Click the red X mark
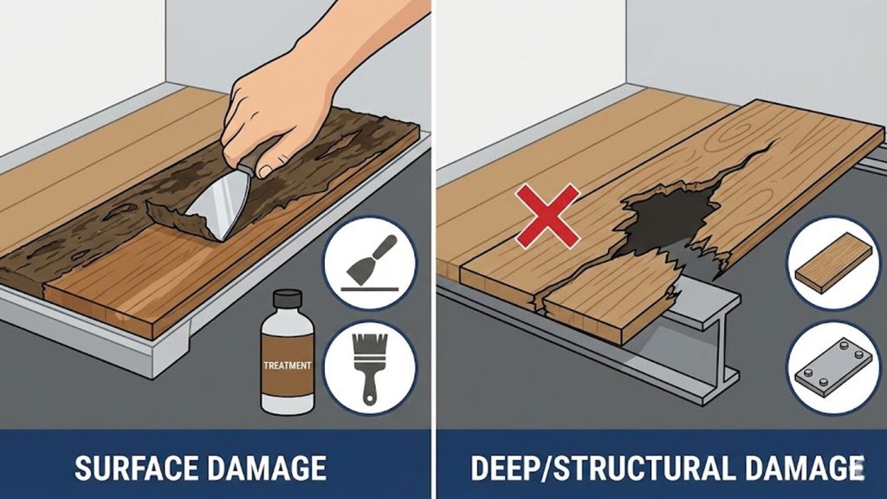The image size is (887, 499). pyautogui.click(x=547, y=216)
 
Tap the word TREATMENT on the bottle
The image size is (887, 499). pyautogui.click(x=288, y=366)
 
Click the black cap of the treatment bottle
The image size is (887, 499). pyautogui.click(x=288, y=298)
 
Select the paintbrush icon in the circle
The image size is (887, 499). pyautogui.click(x=370, y=367)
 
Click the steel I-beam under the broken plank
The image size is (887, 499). pyautogui.click(x=702, y=340)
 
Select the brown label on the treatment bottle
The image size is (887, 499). pyautogui.click(x=288, y=366)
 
